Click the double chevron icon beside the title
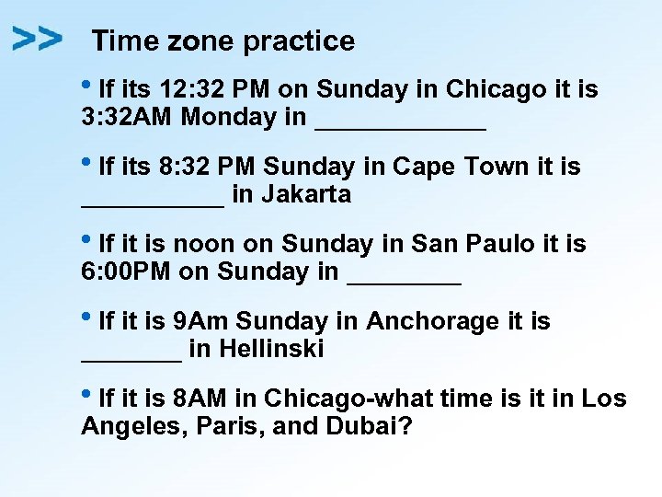pos(38,39)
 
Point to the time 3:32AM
pos(128,118)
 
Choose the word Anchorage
pos(432,322)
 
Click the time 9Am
pos(201,322)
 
